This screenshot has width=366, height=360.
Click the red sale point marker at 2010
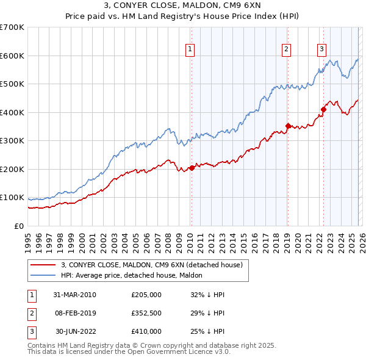click(192, 168)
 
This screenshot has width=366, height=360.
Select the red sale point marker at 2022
click(323, 110)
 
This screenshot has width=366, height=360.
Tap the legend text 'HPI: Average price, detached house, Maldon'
click(135, 275)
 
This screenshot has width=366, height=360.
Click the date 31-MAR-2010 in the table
click(75, 295)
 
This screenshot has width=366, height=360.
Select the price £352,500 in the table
click(146, 313)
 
